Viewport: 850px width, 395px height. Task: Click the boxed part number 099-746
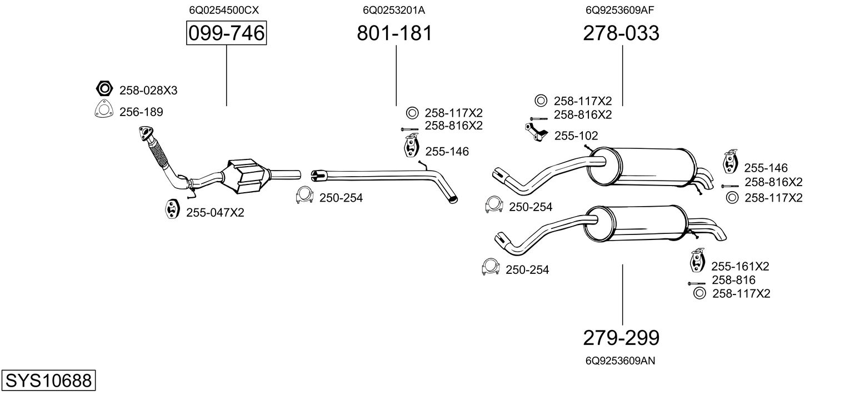click(x=226, y=34)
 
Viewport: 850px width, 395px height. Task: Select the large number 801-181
click(x=394, y=34)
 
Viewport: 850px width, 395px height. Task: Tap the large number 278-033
click(x=621, y=34)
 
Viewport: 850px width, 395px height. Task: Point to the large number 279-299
click(x=621, y=337)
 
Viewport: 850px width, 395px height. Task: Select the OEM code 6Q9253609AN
click(x=621, y=361)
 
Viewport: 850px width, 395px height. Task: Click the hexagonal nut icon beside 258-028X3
click(x=104, y=89)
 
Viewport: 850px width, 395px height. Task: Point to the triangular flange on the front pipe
click(x=146, y=133)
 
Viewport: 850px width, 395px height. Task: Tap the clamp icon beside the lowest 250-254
click(x=490, y=268)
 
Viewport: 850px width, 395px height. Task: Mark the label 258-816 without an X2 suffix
click(x=733, y=280)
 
